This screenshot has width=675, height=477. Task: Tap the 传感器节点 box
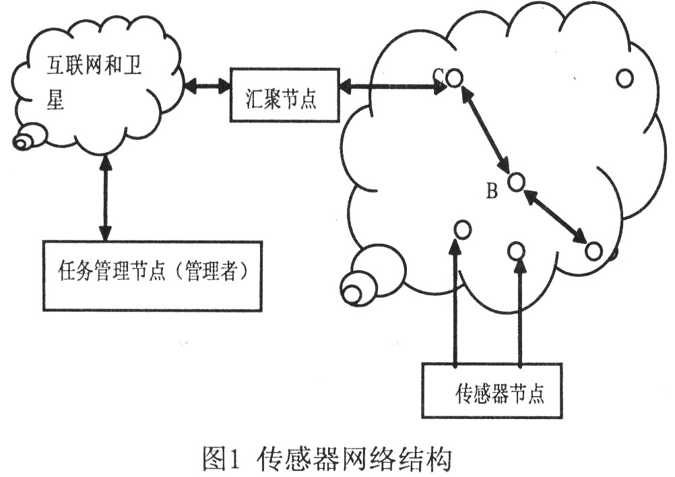tap(491, 391)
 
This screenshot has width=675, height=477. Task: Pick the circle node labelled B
tap(516, 181)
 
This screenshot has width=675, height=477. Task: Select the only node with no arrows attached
tap(624, 77)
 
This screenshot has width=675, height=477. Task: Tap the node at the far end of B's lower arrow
tap(593, 251)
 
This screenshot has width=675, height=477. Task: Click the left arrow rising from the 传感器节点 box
tap(456, 303)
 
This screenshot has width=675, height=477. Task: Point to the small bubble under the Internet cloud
tap(29, 139)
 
